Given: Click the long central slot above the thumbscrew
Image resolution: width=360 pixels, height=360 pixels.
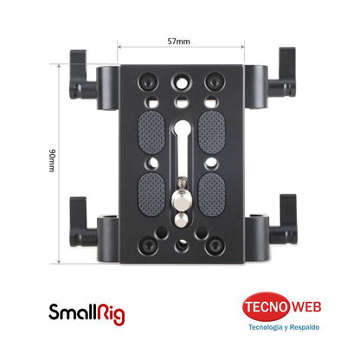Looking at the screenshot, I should click(183, 143).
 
